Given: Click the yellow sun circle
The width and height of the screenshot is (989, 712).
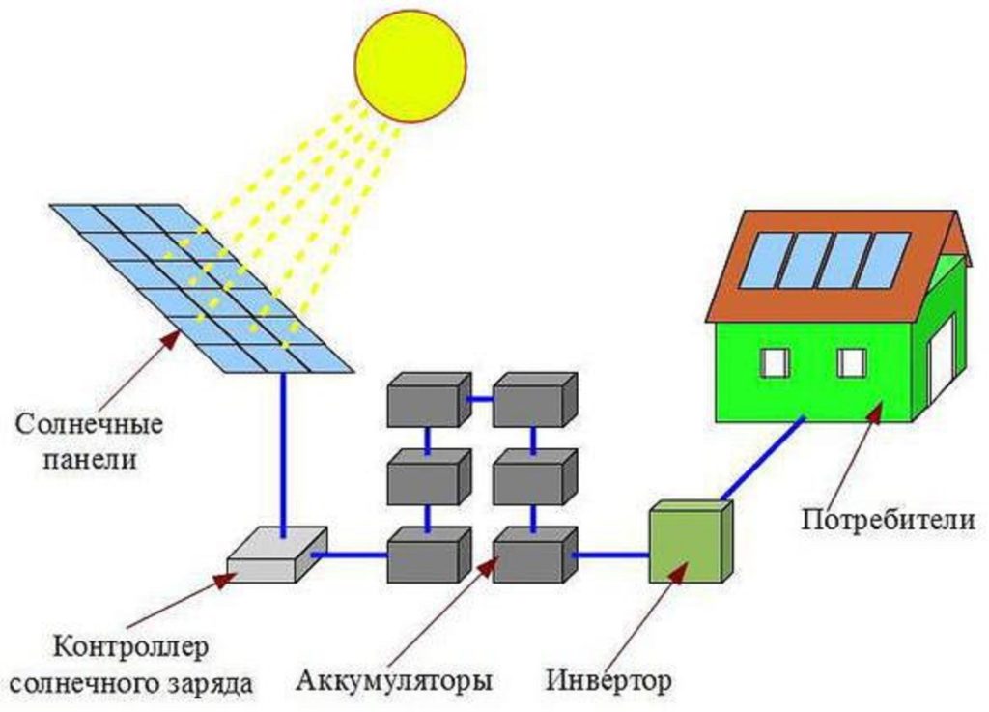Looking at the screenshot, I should pos(410,65).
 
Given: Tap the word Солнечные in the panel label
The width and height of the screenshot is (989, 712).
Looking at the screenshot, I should pos(90,425).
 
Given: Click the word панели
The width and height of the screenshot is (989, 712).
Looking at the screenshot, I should pos(90,460).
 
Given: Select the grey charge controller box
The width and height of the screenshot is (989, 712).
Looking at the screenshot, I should pos(275,555).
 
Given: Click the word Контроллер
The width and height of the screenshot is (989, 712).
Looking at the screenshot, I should pos(130,645).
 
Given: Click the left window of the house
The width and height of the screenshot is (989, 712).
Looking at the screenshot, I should pos(775,362).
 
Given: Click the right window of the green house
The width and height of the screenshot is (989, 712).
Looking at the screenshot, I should pos(851,362).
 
